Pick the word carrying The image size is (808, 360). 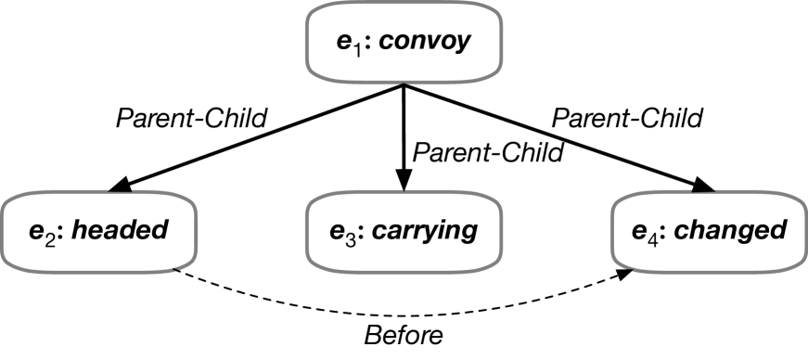point(429,229)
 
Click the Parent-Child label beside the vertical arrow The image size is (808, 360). point(488,152)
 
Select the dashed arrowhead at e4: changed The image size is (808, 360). point(628,270)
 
